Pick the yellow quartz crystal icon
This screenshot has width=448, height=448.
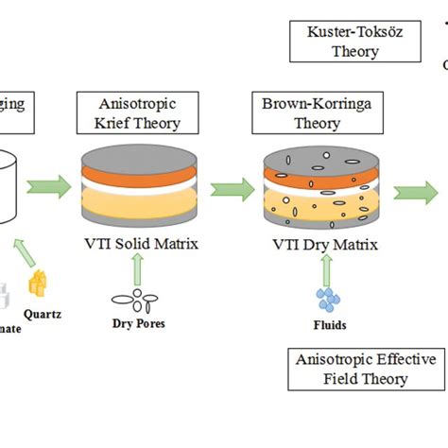pyautogui.click(x=37, y=284)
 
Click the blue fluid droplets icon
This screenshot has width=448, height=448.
pyautogui.click(x=328, y=300)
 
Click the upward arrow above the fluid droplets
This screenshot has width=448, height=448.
pyautogui.click(x=328, y=271)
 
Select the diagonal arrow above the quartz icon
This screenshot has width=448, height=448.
pyautogui.click(x=26, y=252)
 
